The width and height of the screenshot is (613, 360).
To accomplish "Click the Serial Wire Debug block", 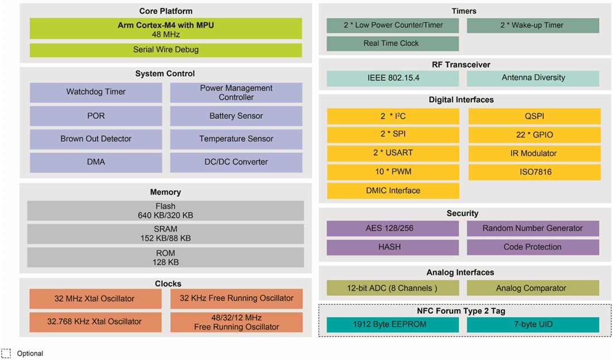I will click(x=166, y=50).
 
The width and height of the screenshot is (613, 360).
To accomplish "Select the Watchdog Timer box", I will click(x=96, y=93).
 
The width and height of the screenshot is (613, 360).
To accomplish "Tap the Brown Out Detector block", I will click(x=96, y=139).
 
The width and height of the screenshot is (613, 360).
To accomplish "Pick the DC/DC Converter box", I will click(x=236, y=162).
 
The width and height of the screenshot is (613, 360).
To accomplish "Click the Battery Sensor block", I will click(x=236, y=116).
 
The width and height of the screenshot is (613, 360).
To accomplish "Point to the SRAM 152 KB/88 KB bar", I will click(x=166, y=233).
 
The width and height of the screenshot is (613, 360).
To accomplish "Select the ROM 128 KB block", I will click(x=166, y=257).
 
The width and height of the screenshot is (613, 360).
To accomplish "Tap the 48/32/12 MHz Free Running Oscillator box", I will click(x=236, y=322).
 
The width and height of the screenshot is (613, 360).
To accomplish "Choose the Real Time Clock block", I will click(x=392, y=43).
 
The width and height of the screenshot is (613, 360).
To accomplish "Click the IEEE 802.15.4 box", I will click(x=392, y=78).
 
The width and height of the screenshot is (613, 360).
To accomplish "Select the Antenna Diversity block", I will click(x=533, y=78).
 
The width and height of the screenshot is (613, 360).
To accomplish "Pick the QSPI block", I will click(x=534, y=116).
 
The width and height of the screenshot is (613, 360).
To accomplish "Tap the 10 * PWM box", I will click(x=392, y=172).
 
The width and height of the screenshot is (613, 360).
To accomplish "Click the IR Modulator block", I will click(x=534, y=153).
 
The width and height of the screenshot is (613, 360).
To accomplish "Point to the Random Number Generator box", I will click(x=533, y=228).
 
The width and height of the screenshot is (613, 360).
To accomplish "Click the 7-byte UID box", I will click(x=533, y=324).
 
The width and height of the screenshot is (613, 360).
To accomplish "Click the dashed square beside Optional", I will click(x=6, y=353).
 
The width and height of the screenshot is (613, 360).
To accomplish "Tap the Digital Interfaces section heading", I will click(x=461, y=100).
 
